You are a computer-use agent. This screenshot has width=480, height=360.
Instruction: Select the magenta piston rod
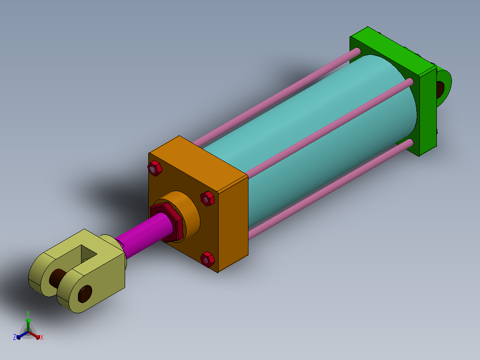point(144,234)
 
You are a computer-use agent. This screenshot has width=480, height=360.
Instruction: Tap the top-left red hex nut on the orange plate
point(155,168)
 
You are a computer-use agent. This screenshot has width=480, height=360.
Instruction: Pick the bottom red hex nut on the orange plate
point(207,259)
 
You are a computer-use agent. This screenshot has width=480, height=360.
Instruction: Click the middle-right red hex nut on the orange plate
point(207,199)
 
